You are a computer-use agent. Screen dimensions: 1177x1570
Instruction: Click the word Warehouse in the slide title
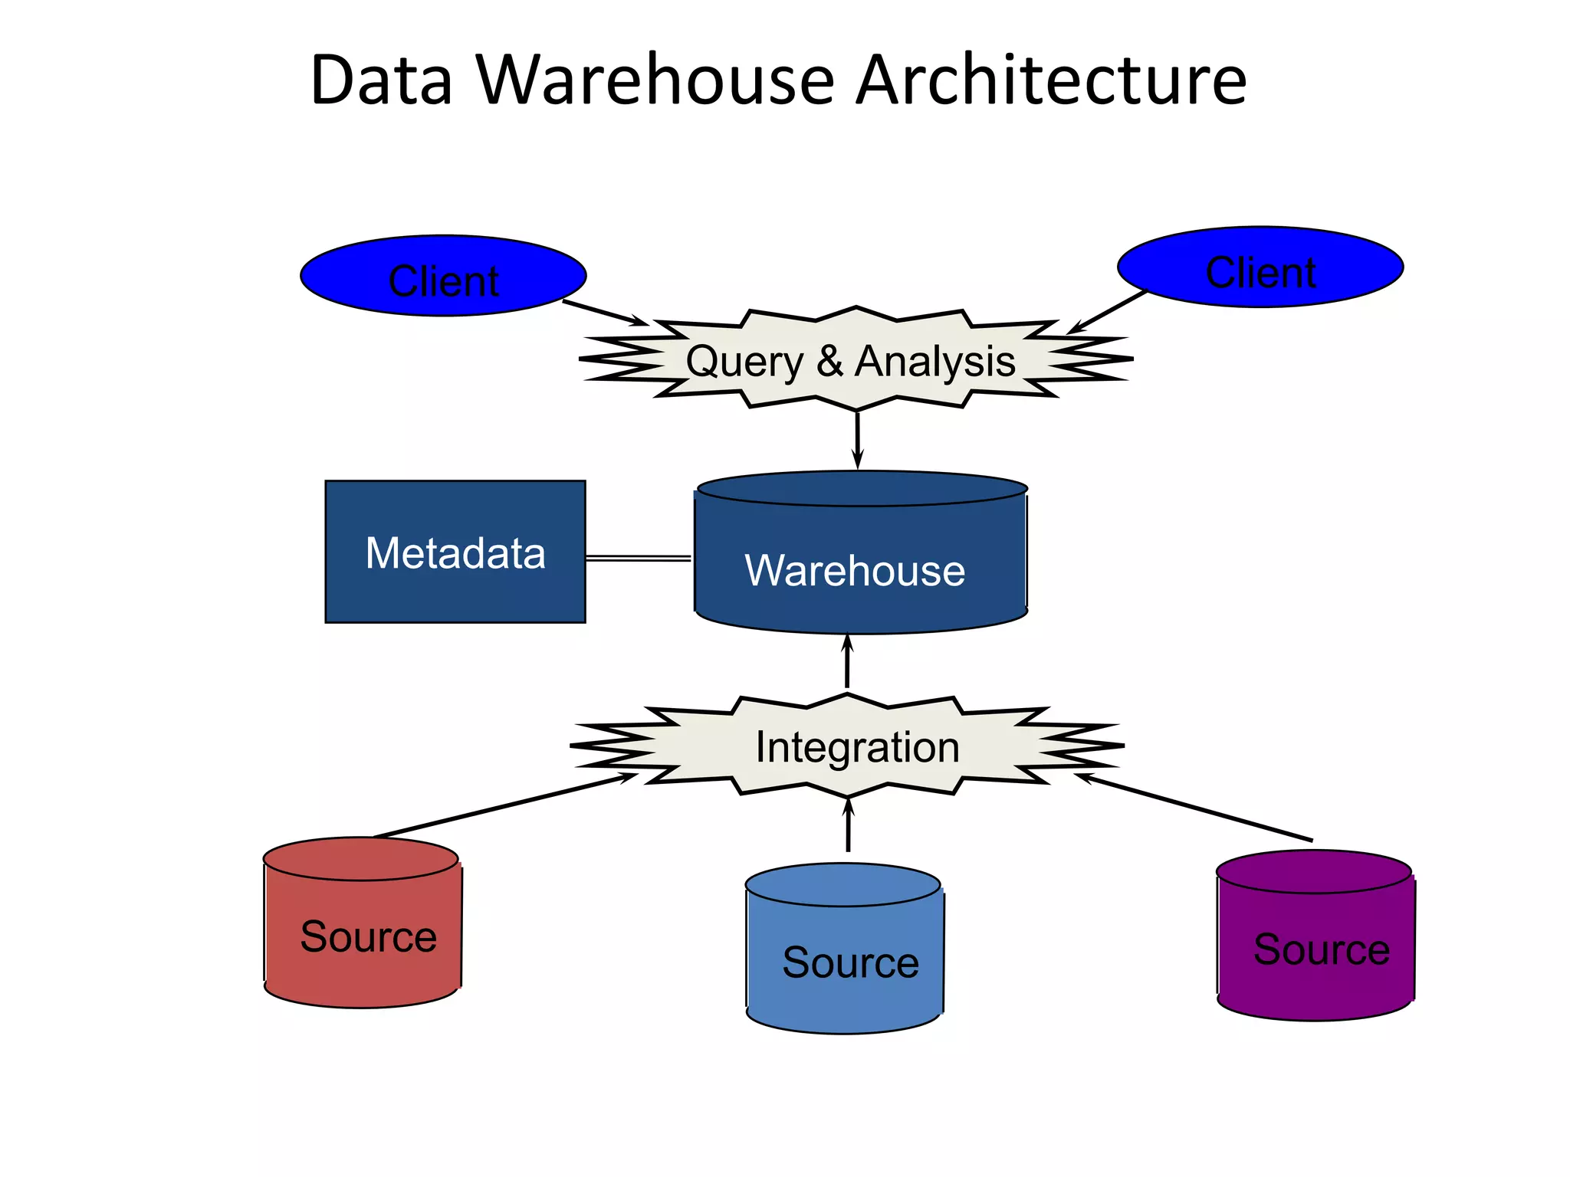click(x=655, y=80)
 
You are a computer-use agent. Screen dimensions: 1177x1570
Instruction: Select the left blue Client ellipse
click(x=443, y=276)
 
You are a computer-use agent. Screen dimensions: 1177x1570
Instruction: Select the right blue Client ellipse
click(x=1260, y=267)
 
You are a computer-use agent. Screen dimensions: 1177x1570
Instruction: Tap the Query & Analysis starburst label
click(x=851, y=361)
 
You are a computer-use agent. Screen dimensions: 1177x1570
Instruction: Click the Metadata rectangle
click(x=455, y=552)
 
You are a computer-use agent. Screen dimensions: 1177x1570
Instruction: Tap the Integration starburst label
click(x=857, y=747)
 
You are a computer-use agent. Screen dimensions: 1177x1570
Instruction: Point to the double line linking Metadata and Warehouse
click(x=638, y=558)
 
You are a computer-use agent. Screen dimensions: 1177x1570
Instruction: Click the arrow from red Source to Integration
click(x=502, y=806)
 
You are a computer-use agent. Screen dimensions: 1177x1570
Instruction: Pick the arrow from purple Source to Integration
click(x=1196, y=808)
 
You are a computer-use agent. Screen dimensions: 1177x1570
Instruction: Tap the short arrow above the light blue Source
click(x=848, y=826)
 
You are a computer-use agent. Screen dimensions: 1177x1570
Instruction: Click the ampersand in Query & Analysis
click(x=829, y=361)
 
